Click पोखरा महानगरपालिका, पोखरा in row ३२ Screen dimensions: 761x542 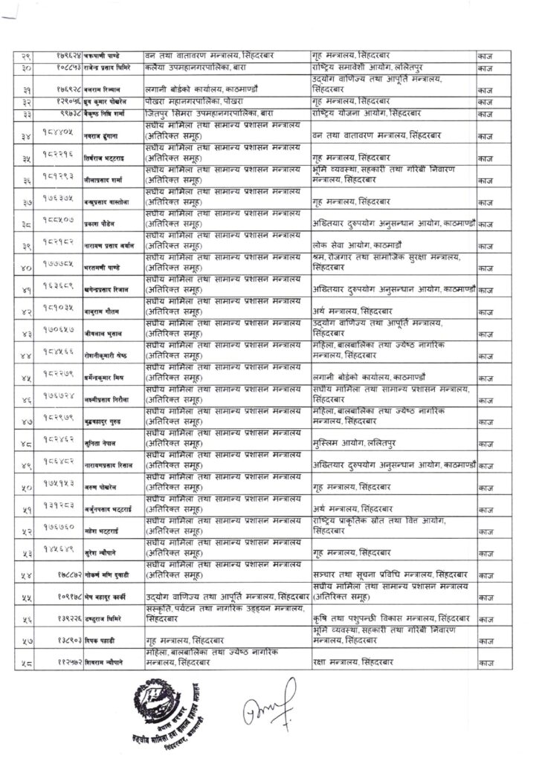(x=193, y=100)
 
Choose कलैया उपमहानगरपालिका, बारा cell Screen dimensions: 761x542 (x=194, y=67)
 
